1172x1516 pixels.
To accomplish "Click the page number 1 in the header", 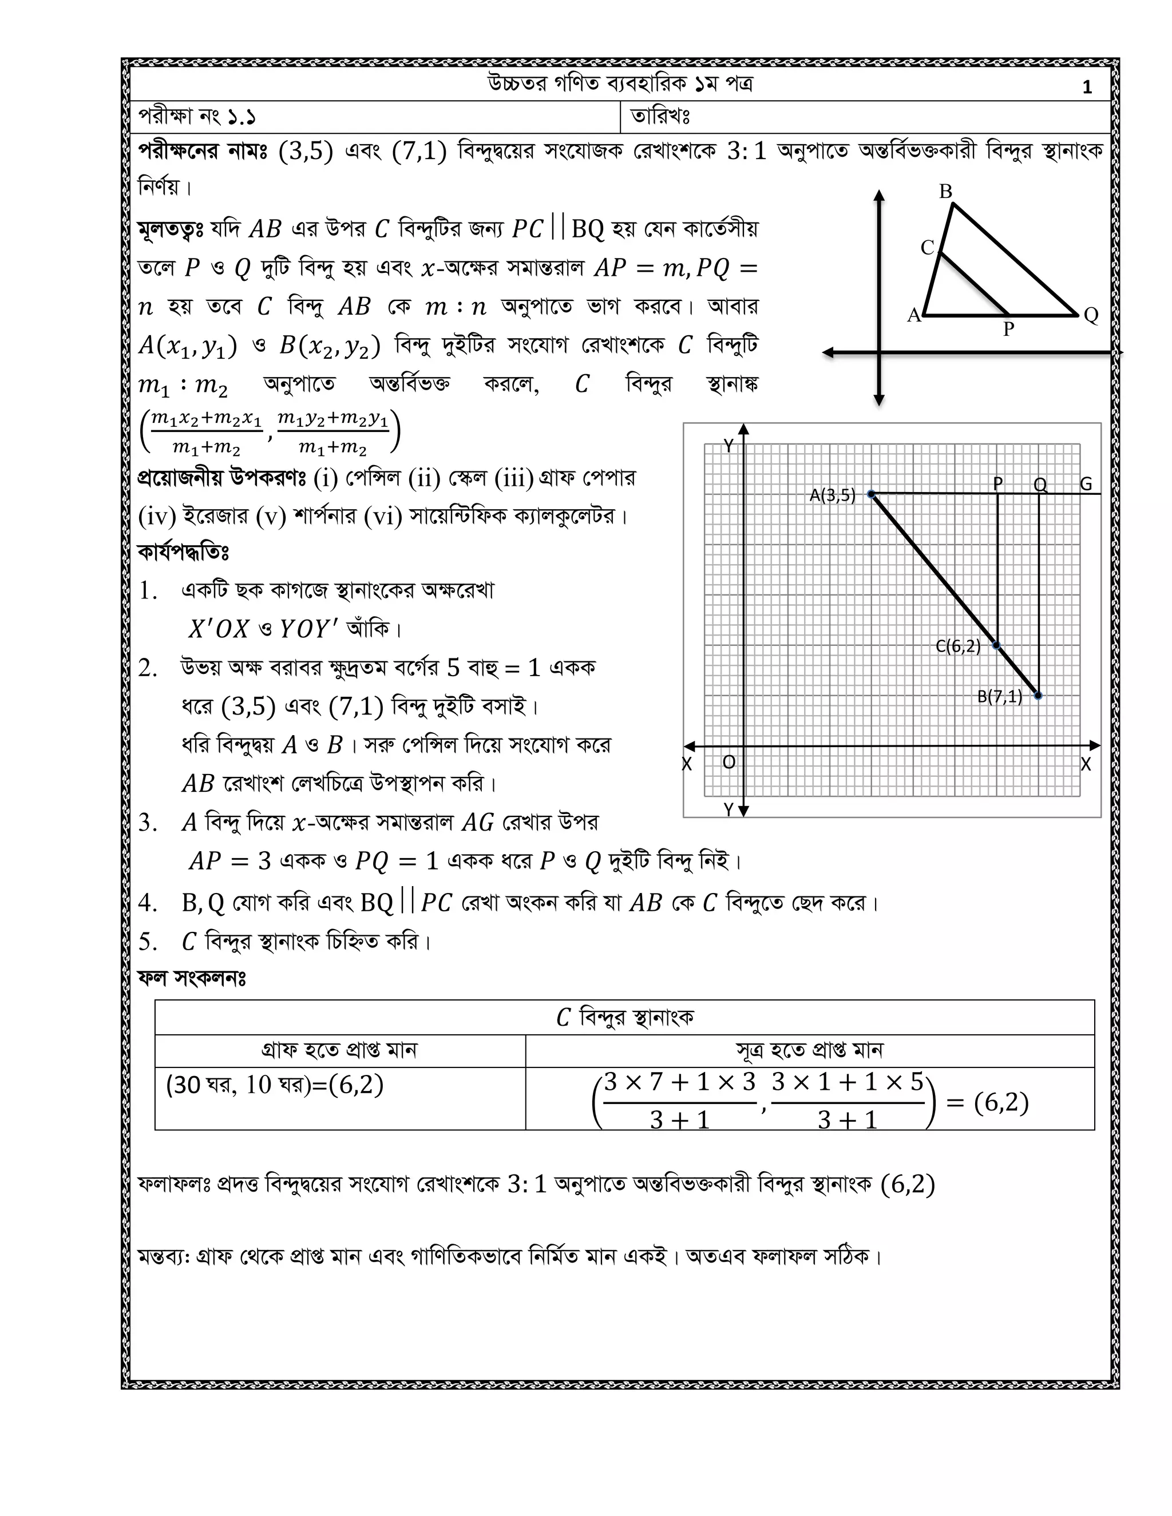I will pyautogui.click(x=1087, y=87).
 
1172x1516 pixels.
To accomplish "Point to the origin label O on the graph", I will pyautogui.click(x=728, y=762).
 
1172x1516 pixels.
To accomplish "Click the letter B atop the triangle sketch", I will pyautogui.click(x=945, y=192).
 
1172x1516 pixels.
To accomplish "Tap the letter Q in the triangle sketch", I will pyautogui.click(x=1091, y=315).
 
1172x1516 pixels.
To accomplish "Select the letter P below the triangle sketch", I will pyautogui.click(x=1009, y=329).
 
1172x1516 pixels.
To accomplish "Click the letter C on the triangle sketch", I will pyautogui.click(x=927, y=248).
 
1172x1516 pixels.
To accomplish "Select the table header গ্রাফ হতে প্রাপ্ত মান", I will pyautogui.click(x=339, y=1050).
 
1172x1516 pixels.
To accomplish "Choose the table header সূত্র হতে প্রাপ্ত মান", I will pyautogui.click(x=810, y=1050).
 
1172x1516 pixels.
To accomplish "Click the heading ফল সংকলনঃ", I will pyautogui.click(x=192, y=978).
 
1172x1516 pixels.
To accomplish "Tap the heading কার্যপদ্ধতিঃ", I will pyautogui.click(x=183, y=553).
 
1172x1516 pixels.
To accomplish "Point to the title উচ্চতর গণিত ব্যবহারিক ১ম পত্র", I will pyautogui.click(x=620, y=84).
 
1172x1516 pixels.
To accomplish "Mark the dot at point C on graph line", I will pyautogui.click(x=997, y=645).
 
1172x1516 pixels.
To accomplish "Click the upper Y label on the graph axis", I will pyautogui.click(x=728, y=446).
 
